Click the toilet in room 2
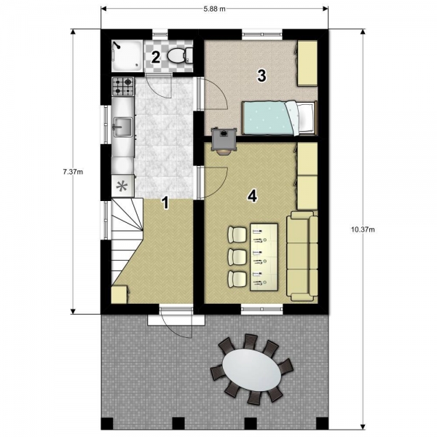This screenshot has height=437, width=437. pyautogui.click(x=180, y=55)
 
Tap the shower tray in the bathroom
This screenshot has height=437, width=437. pyautogui.click(x=127, y=55)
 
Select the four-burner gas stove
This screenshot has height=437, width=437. pyautogui.click(x=123, y=87)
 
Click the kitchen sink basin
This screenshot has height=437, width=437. pyautogui.click(x=122, y=127)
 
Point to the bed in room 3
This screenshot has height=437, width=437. pyautogui.click(x=280, y=118)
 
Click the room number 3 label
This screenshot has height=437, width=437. pyautogui.click(x=261, y=76)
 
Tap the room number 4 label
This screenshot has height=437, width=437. pyautogui.click(x=252, y=196)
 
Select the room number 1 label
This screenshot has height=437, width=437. pyautogui.click(x=166, y=202)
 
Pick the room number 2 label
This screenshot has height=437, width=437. pyautogui.click(x=156, y=57)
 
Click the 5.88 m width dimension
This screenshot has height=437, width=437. pyautogui.click(x=214, y=9)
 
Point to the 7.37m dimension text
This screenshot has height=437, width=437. pyautogui.click(x=73, y=172)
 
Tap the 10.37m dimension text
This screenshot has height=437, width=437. pyautogui.click(x=363, y=229)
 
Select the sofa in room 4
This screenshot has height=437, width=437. pyautogui.click(x=302, y=256)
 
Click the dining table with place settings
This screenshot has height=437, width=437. pyautogui.click(x=264, y=257)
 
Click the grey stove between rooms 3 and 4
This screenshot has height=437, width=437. pyautogui.click(x=224, y=138)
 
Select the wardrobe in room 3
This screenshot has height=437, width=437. pyautogui.click(x=307, y=63)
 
